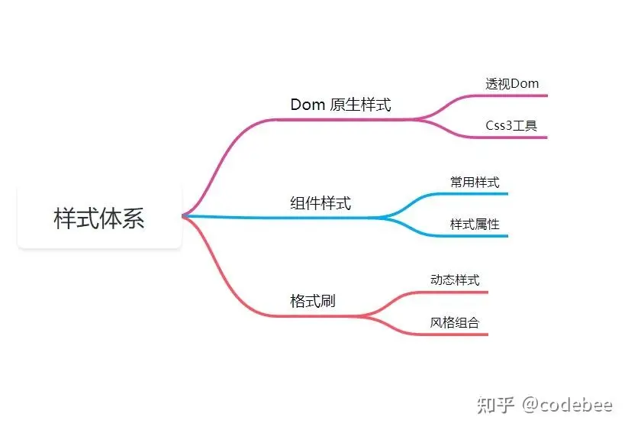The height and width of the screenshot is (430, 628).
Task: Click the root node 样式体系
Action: (99, 218)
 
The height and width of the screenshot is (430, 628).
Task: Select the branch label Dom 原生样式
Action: (340, 105)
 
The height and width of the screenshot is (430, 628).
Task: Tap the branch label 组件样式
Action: (320, 203)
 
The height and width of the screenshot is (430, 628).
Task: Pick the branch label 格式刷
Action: (313, 301)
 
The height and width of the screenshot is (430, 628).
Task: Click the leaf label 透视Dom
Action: (512, 83)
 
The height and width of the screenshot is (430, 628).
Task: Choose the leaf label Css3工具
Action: (511, 125)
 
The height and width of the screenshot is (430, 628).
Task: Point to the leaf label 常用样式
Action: (475, 183)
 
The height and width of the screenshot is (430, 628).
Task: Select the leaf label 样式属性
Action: (475, 225)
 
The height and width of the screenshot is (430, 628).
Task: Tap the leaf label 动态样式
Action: (455, 280)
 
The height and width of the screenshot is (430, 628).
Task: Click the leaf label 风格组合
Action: (455, 322)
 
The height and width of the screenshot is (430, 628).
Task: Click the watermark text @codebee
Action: (567, 406)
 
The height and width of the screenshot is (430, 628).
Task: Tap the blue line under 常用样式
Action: (475, 194)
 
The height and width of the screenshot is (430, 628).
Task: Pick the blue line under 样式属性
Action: (475, 236)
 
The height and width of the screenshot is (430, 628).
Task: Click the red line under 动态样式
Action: (456, 292)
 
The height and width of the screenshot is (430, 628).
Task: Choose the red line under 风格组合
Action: (456, 334)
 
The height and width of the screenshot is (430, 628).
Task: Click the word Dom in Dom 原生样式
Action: (308, 105)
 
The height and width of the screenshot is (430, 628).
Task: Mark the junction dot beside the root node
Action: (185, 216)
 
